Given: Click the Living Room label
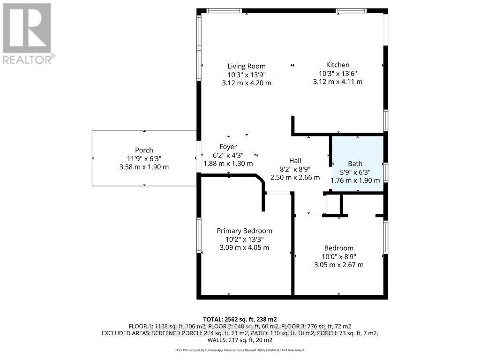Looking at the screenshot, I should (x=247, y=66).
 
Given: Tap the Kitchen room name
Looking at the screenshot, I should (x=337, y=65).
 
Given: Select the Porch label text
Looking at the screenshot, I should (x=144, y=150).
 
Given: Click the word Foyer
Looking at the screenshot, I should (x=228, y=147).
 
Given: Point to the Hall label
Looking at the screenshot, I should (x=295, y=161).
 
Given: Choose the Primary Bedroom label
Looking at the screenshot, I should (x=244, y=231).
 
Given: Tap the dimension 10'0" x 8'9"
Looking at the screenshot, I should (x=338, y=256).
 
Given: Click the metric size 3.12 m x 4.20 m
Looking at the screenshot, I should (x=247, y=83).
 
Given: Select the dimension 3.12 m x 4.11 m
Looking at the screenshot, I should (x=337, y=82).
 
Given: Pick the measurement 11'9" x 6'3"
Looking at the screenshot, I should (x=144, y=158).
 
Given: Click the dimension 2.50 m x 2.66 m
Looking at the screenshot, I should (x=295, y=178).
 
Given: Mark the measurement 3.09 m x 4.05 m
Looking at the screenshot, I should (x=244, y=247).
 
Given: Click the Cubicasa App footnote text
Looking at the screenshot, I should (x=240, y=350).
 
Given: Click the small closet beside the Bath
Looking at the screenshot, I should (x=362, y=203).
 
